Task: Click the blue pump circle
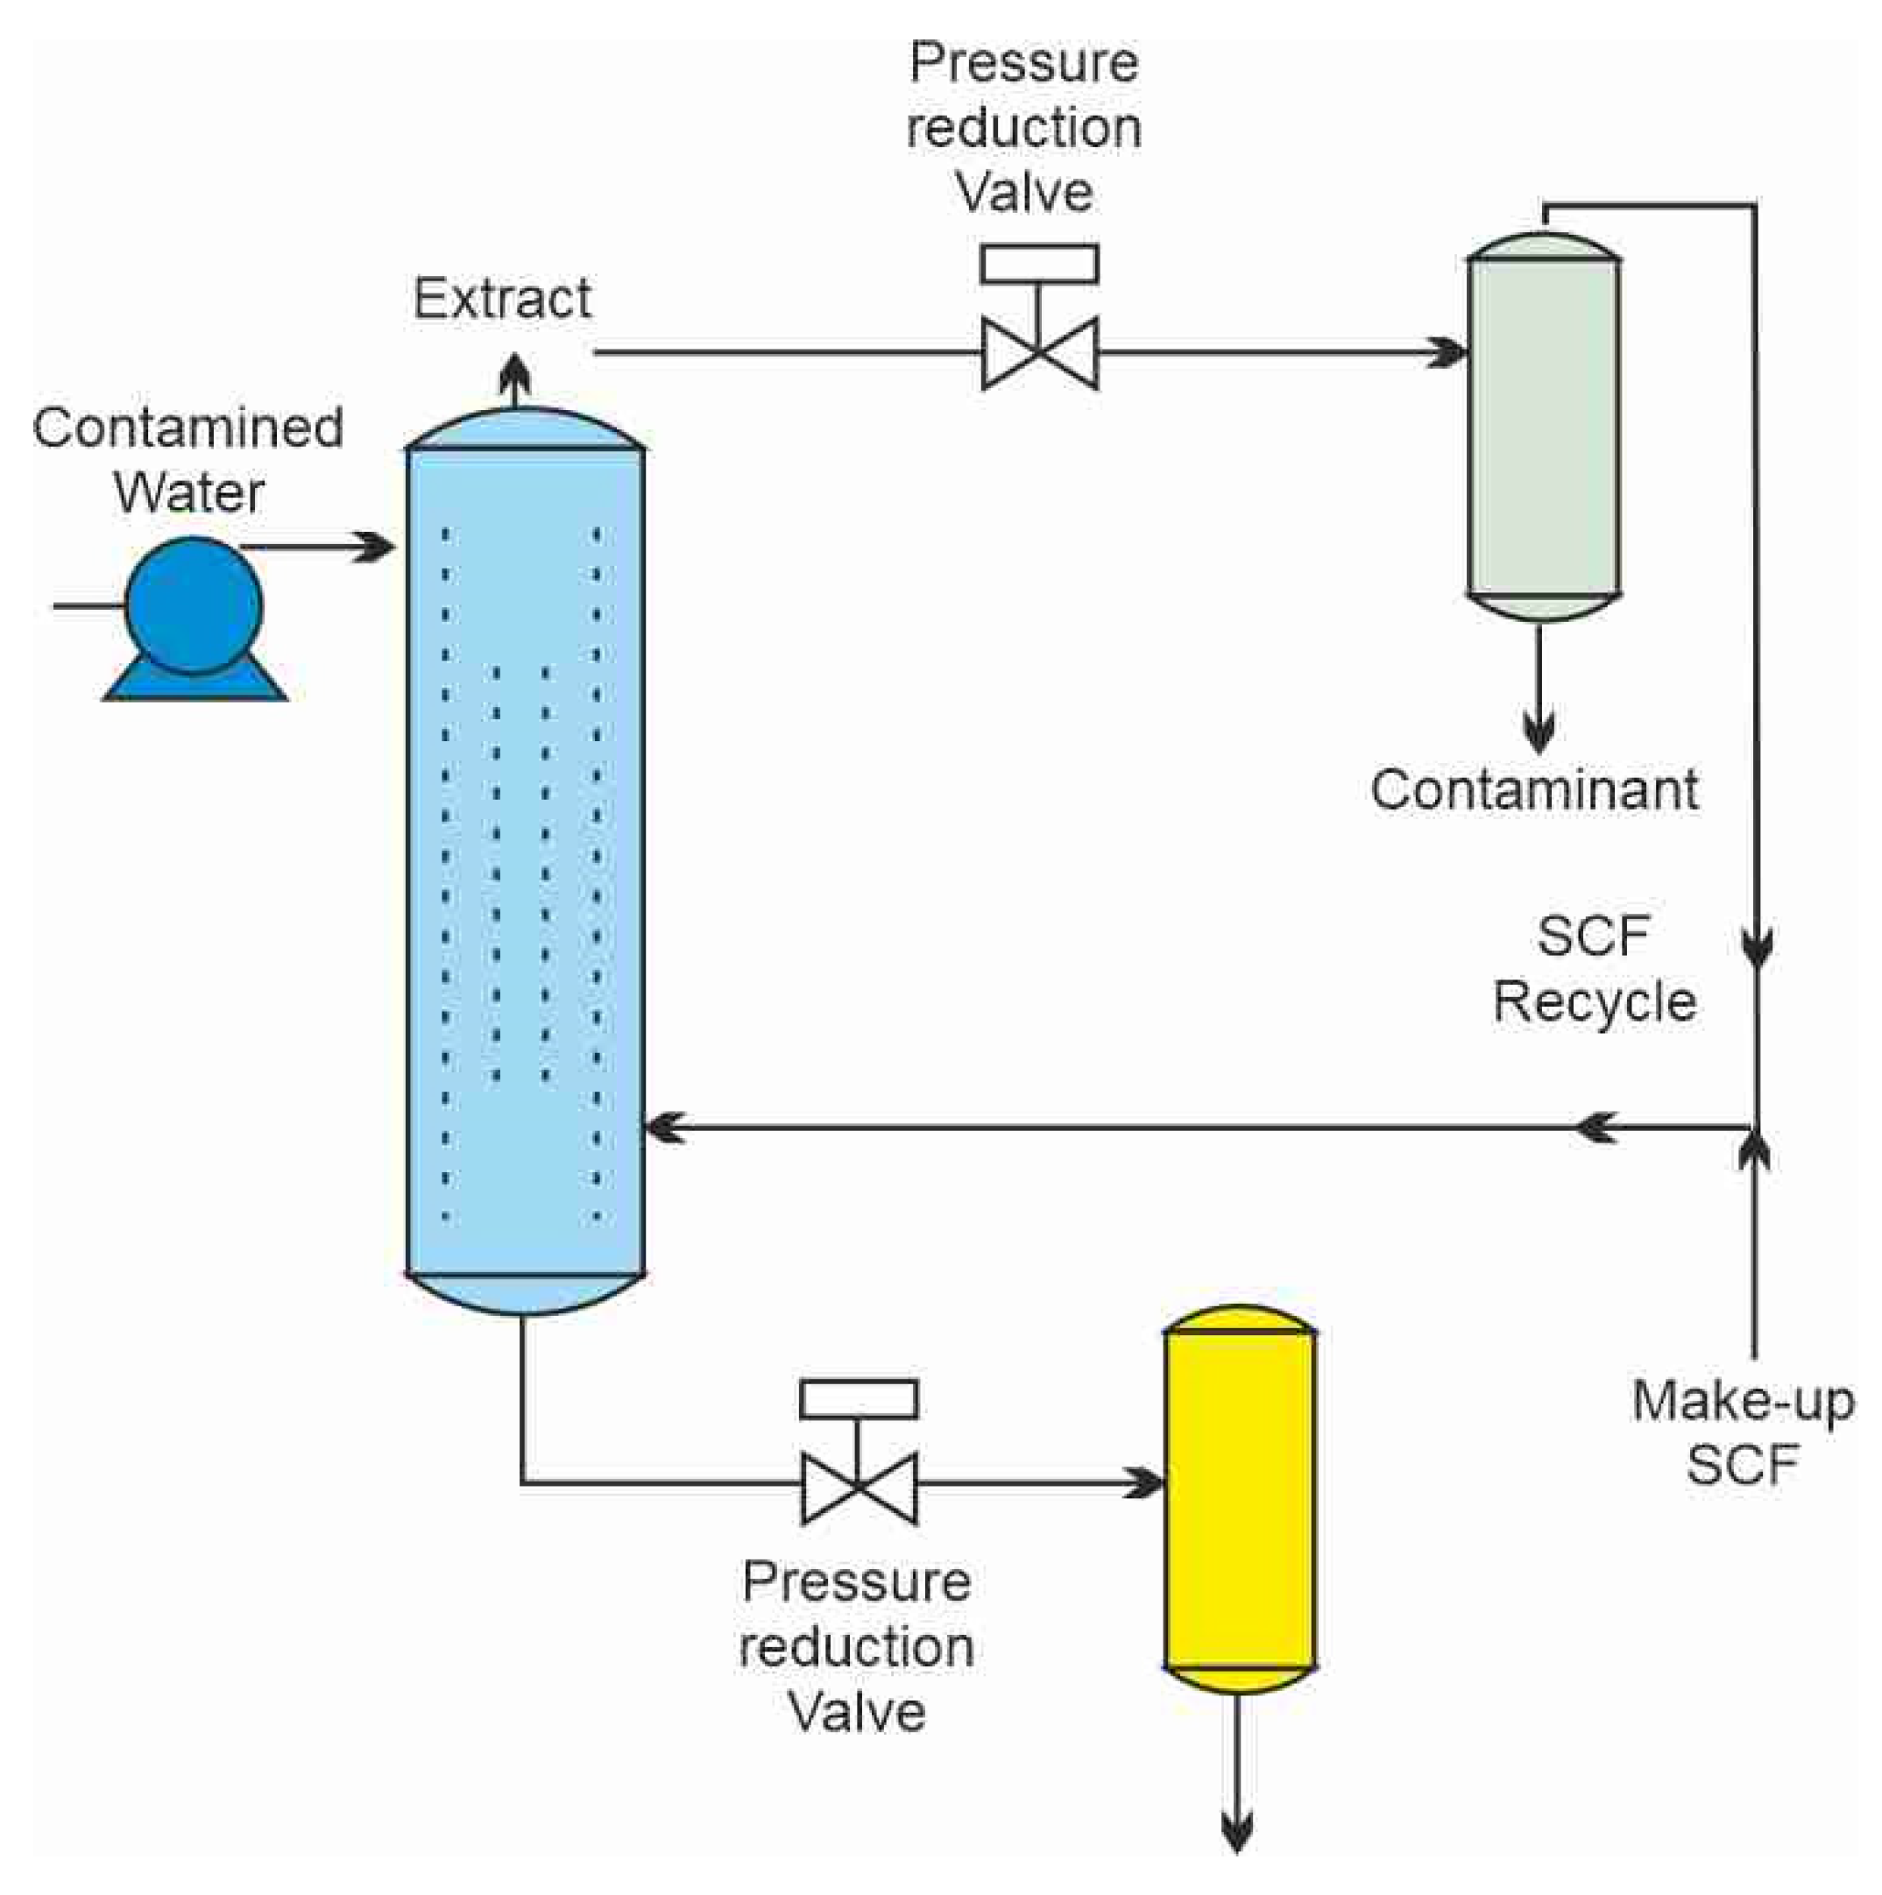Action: pos(194,605)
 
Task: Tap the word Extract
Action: pos(501,298)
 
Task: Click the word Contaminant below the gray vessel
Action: pos(1533,789)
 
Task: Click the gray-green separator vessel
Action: pos(1542,427)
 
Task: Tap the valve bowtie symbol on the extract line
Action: pos(1039,353)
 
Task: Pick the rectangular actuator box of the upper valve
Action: pos(1039,264)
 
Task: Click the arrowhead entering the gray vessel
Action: pos(1449,352)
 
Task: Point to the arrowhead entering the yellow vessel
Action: pos(1145,1483)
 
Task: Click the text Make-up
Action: pos(1743,1401)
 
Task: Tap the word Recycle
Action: pos(1595,1002)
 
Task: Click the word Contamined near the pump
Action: pos(187,428)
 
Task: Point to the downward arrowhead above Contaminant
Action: pos(1538,733)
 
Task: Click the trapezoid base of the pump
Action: pos(195,683)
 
